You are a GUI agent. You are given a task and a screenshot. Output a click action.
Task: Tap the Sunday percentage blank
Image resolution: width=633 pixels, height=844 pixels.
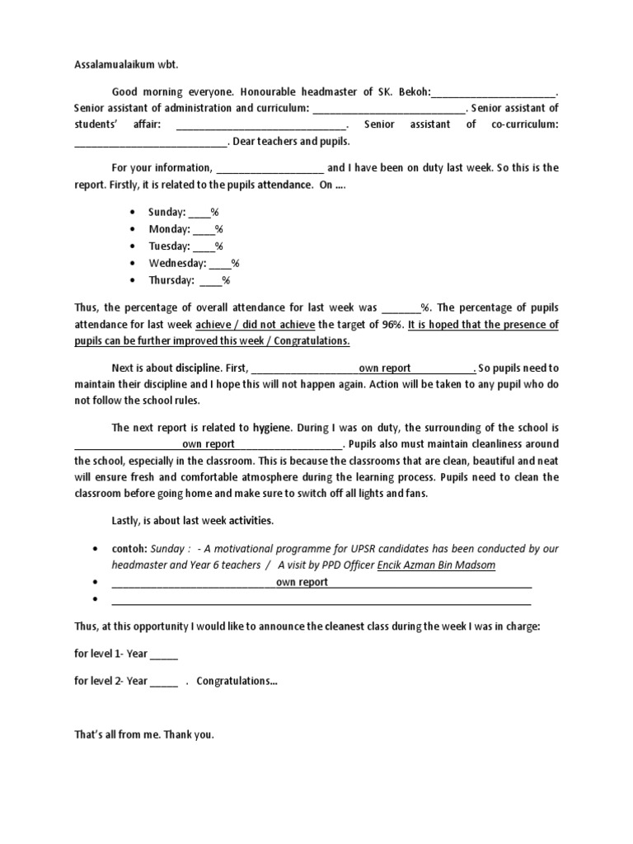(x=199, y=213)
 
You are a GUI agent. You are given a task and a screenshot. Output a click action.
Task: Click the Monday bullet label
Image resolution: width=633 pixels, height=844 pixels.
(x=169, y=229)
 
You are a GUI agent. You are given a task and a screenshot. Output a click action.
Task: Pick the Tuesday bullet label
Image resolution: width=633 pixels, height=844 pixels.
(x=169, y=246)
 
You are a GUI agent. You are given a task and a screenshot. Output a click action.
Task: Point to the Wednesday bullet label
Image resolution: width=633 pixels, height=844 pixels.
(x=177, y=264)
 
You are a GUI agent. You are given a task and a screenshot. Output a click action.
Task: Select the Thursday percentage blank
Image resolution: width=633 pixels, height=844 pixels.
(x=209, y=281)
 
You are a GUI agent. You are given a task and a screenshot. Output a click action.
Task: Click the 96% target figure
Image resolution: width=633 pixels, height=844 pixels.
(x=392, y=325)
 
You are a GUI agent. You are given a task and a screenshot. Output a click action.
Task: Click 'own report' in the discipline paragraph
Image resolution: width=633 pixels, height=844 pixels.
(x=384, y=368)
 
